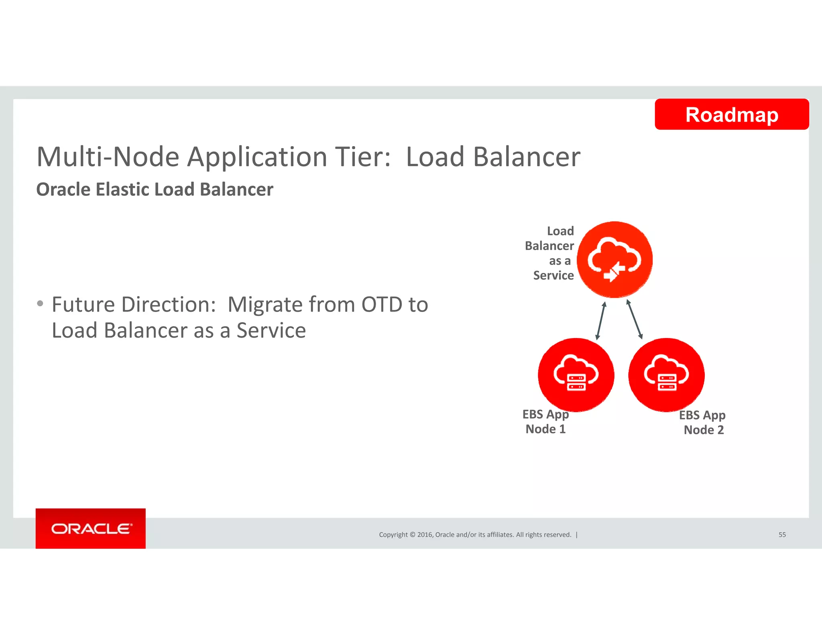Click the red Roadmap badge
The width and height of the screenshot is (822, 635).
coord(731,114)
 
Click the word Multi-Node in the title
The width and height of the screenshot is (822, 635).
coord(108,157)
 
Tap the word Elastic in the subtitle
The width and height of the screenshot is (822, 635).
coord(122,189)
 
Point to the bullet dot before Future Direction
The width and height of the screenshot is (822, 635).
coord(40,303)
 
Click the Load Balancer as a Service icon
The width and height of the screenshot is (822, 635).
coord(614,260)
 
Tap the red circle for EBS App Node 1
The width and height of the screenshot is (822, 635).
coord(576,375)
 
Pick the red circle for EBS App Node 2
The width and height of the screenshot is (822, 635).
coord(666,375)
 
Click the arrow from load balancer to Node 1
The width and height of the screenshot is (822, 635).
coord(601,321)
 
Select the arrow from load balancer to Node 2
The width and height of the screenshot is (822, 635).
coord(635,320)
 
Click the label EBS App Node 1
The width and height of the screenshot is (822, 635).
coord(545,421)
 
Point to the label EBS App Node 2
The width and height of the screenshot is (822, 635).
coord(703,422)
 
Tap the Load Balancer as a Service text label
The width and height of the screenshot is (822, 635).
coord(551,253)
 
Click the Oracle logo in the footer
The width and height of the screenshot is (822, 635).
coord(91,529)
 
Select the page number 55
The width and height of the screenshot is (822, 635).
coord(782,535)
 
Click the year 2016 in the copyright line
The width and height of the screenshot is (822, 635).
coord(425,535)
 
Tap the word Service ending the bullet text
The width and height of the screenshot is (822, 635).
coord(271,331)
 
